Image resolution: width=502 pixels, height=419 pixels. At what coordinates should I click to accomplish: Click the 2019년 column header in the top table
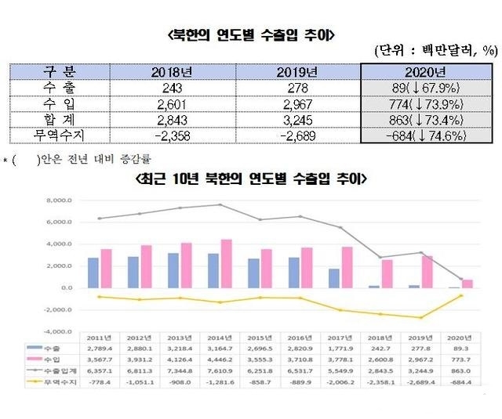coord(296,72)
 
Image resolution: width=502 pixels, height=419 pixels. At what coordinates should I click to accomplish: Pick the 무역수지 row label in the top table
coord(60,135)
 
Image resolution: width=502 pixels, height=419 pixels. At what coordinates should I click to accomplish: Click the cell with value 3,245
coord(296,120)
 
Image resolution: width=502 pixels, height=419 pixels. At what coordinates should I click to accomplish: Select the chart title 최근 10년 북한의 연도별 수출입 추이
coord(250,179)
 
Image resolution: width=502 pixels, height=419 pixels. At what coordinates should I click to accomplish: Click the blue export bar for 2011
coord(93,273)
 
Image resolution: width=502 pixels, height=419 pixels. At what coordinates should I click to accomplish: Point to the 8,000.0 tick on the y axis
coord(60,200)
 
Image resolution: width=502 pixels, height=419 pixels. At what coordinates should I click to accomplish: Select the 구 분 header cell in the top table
coord(60,72)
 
